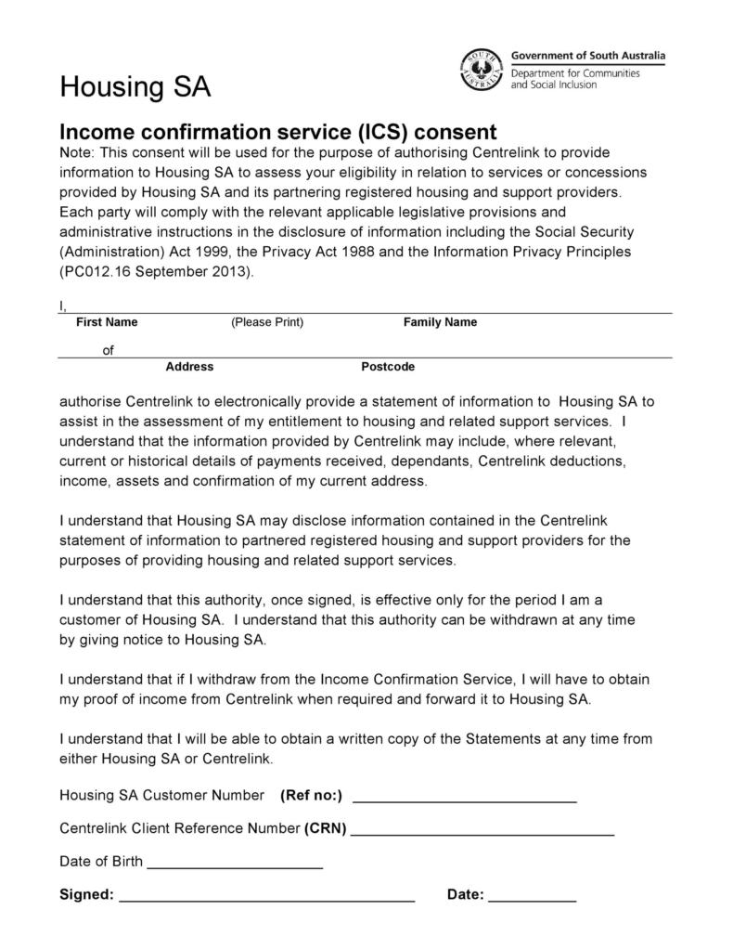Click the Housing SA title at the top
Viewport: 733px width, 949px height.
tap(135, 87)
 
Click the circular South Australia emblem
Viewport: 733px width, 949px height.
tap(482, 70)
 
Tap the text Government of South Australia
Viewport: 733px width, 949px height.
tap(588, 56)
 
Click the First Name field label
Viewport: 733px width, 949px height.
tap(107, 322)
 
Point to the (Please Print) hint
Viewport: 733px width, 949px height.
tap(267, 322)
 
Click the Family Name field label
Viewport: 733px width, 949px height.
tap(440, 322)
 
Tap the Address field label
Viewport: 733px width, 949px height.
tap(189, 367)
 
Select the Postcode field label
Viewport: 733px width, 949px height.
tap(388, 367)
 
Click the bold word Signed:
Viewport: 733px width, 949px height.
tap(86, 895)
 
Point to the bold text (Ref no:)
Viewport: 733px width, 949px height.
tap(311, 795)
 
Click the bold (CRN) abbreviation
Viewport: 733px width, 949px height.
tap(325, 828)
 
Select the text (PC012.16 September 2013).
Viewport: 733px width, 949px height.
tap(155, 273)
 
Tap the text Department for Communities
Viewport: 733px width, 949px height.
tap(575, 72)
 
